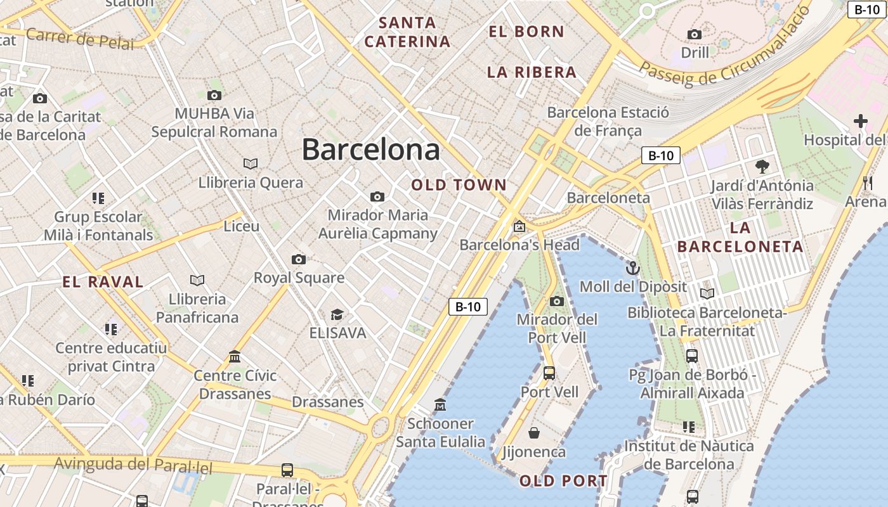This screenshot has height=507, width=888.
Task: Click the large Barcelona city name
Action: (x=370, y=150)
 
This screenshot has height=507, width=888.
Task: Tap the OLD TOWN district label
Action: (x=459, y=185)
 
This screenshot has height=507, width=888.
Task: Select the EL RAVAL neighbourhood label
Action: (x=103, y=282)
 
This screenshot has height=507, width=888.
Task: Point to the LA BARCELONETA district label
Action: (x=740, y=237)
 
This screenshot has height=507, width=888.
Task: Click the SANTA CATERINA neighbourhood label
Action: (x=407, y=32)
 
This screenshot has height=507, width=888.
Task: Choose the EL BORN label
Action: (x=526, y=31)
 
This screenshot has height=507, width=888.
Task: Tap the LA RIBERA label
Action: (x=532, y=72)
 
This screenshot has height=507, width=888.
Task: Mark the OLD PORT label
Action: (x=563, y=481)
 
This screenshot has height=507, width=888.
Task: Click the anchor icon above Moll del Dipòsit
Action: (x=632, y=268)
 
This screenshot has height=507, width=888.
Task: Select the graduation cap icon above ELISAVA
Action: (x=337, y=314)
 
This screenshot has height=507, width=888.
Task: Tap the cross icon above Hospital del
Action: (x=860, y=120)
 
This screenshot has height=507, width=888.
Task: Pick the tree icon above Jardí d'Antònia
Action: (x=762, y=167)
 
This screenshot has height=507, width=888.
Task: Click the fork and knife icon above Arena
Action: (x=868, y=183)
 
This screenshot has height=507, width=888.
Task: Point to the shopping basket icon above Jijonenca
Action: (x=534, y=433)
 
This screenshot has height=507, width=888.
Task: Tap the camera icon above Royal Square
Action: (x=299, y=259)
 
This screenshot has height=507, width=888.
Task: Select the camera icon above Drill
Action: (x=695, y=34)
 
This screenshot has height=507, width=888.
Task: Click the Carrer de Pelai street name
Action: (x=80, y=39)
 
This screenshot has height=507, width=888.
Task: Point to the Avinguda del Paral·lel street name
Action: (x=133, y=465)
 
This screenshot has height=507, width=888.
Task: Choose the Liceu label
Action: (x=242, y=226)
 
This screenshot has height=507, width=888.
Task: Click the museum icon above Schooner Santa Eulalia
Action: (x=440, y=404)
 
